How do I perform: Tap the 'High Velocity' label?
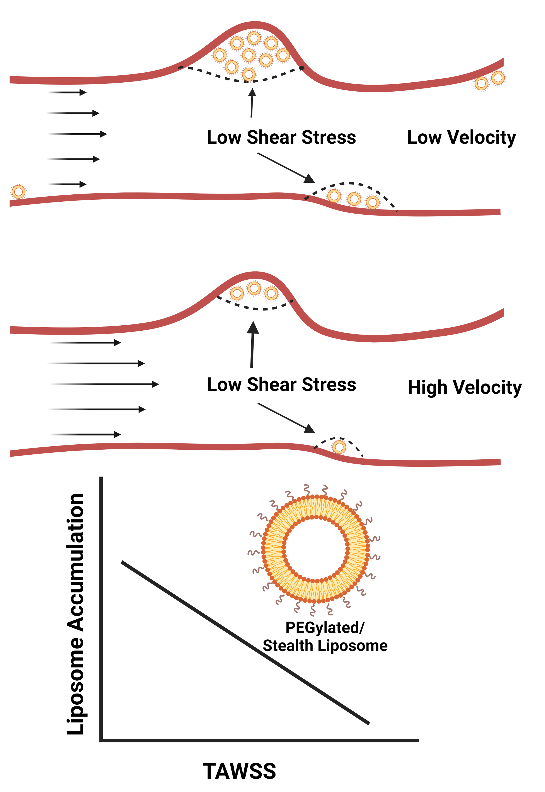(x=465, y=388)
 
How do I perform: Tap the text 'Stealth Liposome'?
(x=325, y=646)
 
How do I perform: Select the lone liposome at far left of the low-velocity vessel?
(x=19, y=192)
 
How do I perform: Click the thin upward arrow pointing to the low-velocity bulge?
(x=252, y=103)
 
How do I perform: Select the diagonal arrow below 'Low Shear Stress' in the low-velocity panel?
(x=286, y=168)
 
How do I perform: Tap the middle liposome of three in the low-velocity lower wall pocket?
(x=354, y=199)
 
